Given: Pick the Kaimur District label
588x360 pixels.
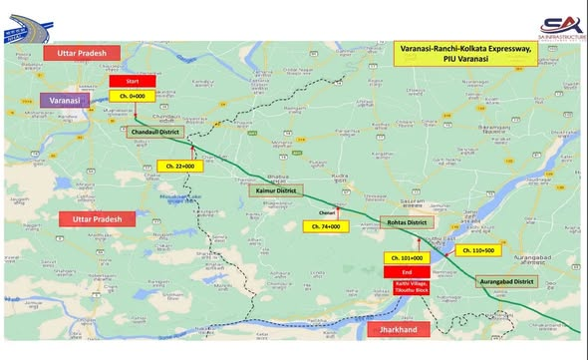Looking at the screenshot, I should click(x=275, y=188).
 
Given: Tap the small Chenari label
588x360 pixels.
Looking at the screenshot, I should click(x=326, y=213).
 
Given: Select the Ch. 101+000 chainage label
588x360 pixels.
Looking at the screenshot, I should click(x=406, y=257).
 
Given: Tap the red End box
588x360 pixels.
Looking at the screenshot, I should click(x=406, y=271).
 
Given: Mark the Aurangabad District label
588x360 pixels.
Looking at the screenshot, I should click(x=509, y=283).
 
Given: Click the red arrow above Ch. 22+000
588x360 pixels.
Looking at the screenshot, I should click(x=192, y=152).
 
